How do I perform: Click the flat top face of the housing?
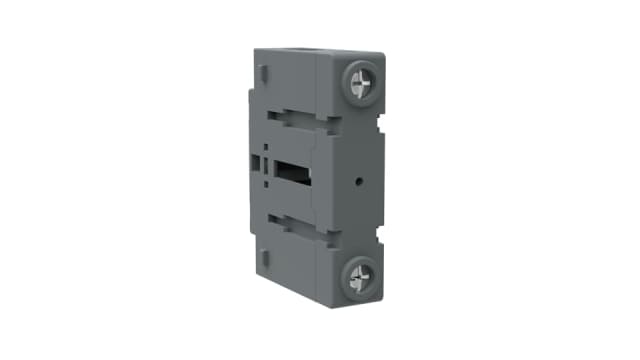pyautogui.click(x=310, y=53)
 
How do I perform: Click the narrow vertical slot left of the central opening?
pyautogui.click(x=266, y=164)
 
